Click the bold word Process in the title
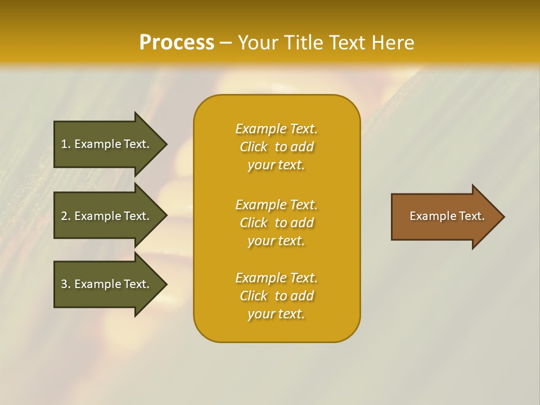pyautogui.click(x=177, y=43)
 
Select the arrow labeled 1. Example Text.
pyautogui.click(x=107, y=144)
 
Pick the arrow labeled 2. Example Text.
pyautogui.click(x=107, y=216)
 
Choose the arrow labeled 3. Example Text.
pyautogui.click(x=107, y=284)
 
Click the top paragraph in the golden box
pyautogui.click(x=276, y=147)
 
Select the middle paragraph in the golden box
pyautogui.click(x=276, y=223)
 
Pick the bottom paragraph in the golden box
pyautogui.click(x=276, y=296)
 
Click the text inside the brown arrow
pyautogui.click(x=447, y=216)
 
